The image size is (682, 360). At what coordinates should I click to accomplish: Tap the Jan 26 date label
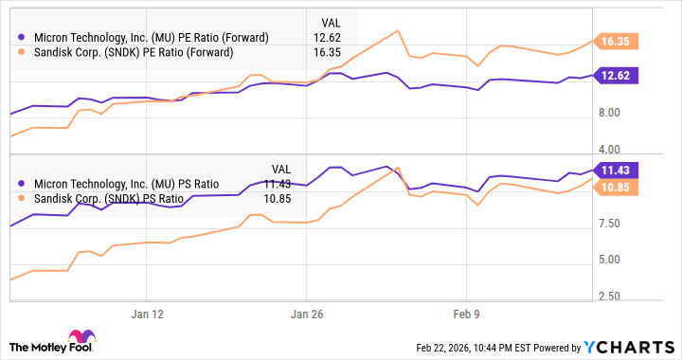click(x=307, y=313)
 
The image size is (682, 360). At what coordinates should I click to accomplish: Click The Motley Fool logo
click(x=52, y=343)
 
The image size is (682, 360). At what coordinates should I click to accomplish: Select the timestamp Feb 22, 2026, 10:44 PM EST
click(x=478, y=347)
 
